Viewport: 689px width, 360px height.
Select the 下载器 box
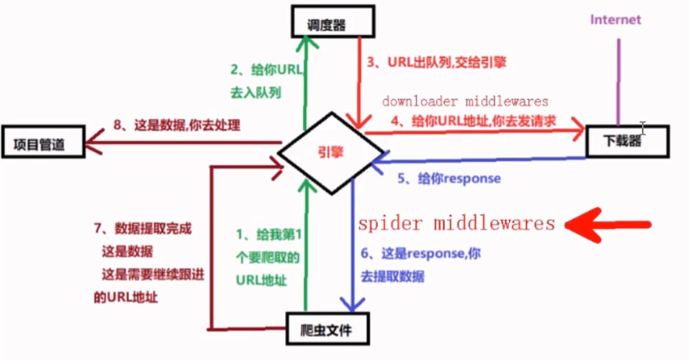tap(626, 140)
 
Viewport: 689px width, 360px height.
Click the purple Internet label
tap(616, 19)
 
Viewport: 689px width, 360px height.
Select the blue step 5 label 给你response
tap(452, 178)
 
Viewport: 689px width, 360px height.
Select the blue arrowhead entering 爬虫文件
tap(353, 305)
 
